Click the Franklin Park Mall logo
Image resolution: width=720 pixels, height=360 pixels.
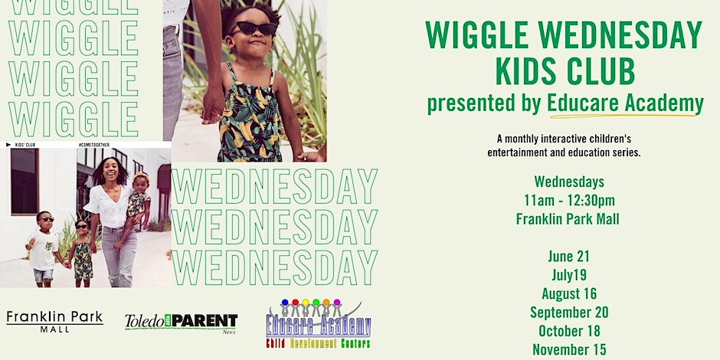click(x=54, y=320)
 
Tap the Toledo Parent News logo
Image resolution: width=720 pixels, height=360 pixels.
click(x=181, y=322)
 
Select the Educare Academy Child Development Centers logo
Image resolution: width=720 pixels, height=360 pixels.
click(x=318, y=322)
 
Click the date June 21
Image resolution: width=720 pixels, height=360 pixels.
click(x=569, y=257)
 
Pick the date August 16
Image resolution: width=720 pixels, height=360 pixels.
click(x=569, y=293)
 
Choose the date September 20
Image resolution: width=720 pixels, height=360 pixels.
click(x=569, y=312)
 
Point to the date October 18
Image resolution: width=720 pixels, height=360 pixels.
click(x=569, y=331)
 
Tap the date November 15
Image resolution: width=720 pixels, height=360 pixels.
click(x=569, y=349)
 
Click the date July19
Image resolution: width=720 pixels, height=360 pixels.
click(x=569, y=275)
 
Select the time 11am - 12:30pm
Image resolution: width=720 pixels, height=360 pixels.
click(x=569, y=201)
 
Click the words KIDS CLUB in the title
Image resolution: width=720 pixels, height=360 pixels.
click(x=565, y=72)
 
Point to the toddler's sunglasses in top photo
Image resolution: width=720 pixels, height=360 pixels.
click(x=255, y=28)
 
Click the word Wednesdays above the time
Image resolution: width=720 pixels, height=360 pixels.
click(x=569, y=182)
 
